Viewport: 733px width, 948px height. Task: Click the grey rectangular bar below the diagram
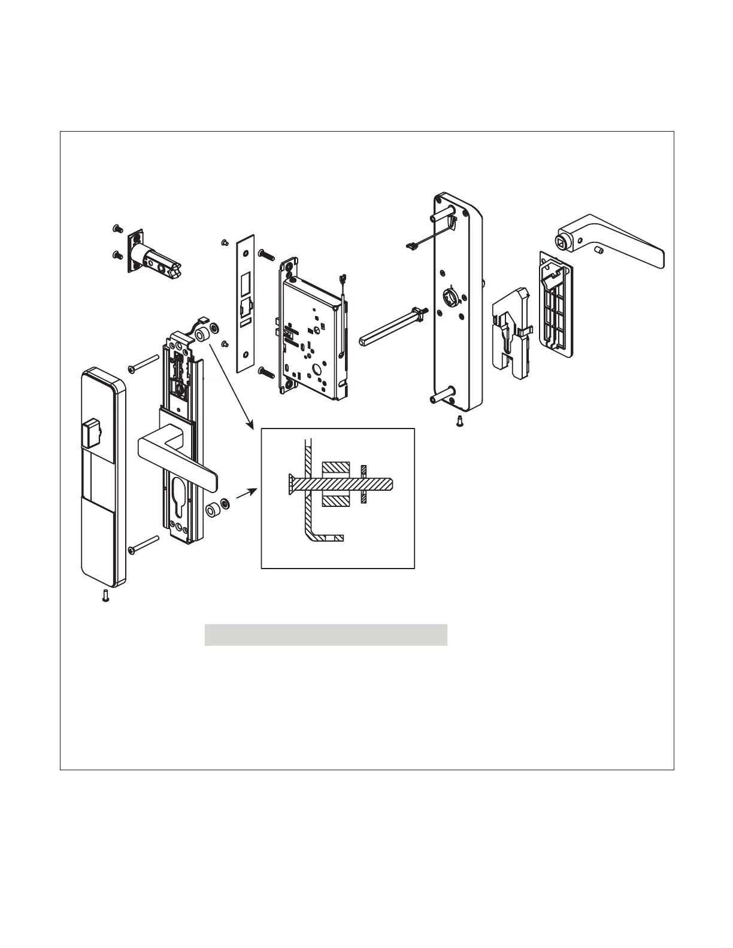tap(326, 635)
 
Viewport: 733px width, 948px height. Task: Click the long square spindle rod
tap(389, 327)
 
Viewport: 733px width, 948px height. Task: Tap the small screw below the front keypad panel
tap(106, 596)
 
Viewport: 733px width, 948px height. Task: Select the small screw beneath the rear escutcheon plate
tap(459, 421)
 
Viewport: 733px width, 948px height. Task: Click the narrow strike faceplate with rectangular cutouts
tap(246, 302)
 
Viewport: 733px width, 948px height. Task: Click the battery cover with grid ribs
tap(555, 305)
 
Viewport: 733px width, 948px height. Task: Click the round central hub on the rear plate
tap(450, 297)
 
